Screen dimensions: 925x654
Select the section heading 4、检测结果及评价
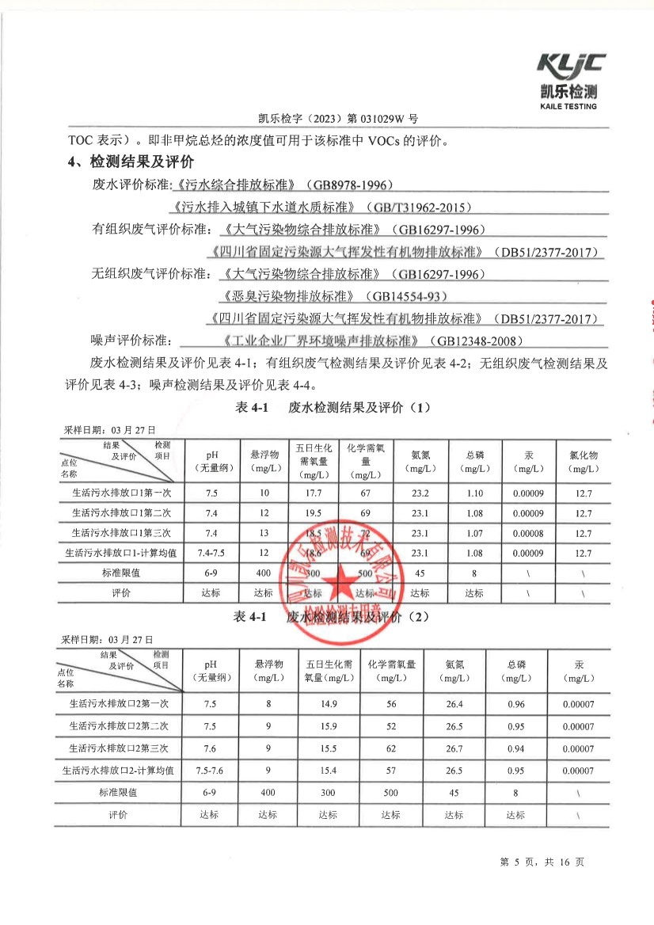click(x=131, y=163)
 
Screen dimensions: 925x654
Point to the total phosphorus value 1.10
click(x=474, y=493)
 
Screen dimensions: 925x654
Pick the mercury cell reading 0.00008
click(x=528, y=533)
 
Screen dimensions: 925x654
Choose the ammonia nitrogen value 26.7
click(x=454, y=748)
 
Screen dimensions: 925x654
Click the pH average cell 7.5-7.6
click(x=211, y=770)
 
